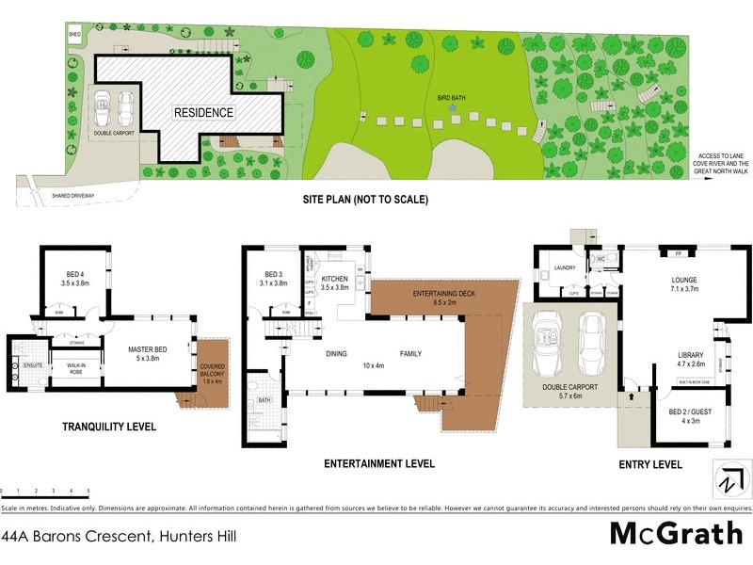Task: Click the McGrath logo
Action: click(x=676, y=534)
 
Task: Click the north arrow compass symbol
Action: click(x=727, y=479)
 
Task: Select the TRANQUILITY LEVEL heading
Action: click(x=108, y=427)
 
